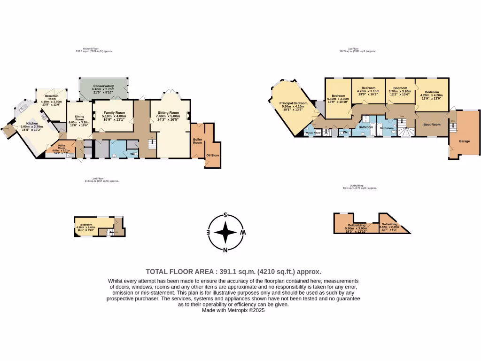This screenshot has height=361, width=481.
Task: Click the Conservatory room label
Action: click(x=103, y=86)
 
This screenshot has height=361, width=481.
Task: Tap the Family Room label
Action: click(x=114, y=113)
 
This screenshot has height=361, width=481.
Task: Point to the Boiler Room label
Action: click(x=198, y=141)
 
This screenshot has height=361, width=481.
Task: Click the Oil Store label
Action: click(x=213, y=155)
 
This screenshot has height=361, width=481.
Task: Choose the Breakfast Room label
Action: click(x=51, y=96)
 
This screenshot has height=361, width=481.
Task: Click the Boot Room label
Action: click(x=432, y=125)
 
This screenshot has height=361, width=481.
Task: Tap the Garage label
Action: click(x=464, y=141)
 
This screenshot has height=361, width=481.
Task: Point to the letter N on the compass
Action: click(x=225, y=250)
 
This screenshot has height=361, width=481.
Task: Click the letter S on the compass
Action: click(x=225, y=215)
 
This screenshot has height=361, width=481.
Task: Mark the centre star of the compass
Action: click(x=226, y=233)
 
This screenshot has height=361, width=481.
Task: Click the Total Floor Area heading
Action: click(x=233, y=271)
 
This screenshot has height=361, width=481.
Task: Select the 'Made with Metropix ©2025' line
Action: click(x=233, y=310)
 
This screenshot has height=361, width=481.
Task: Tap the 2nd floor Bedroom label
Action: click(x=85, y=225)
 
